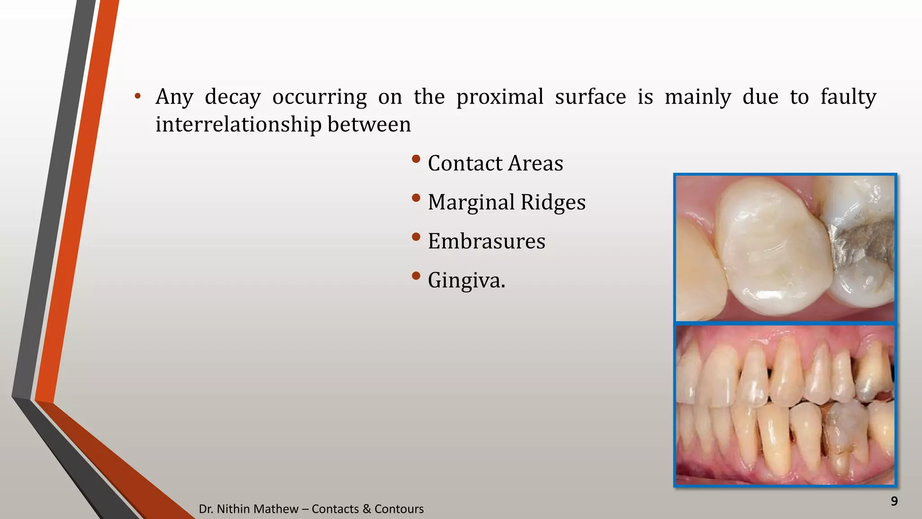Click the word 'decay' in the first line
(232, 97)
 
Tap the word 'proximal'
(500, 97)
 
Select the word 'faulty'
(848, 97)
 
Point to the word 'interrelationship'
(238, 125)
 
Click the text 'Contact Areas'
(495, 163)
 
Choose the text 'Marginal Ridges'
(506, 202)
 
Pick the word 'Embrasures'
(486, 241)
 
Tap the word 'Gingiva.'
(466, 281)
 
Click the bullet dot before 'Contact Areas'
(416, 159)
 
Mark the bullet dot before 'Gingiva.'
(416, 276)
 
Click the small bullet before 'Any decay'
(138, 96)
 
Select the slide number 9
(894, 501)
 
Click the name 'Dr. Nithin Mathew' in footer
(248, 509)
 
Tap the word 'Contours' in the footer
(399, 509)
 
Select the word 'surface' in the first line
(590, 97)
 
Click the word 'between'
(369, 125)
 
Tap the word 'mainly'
(698, 97)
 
